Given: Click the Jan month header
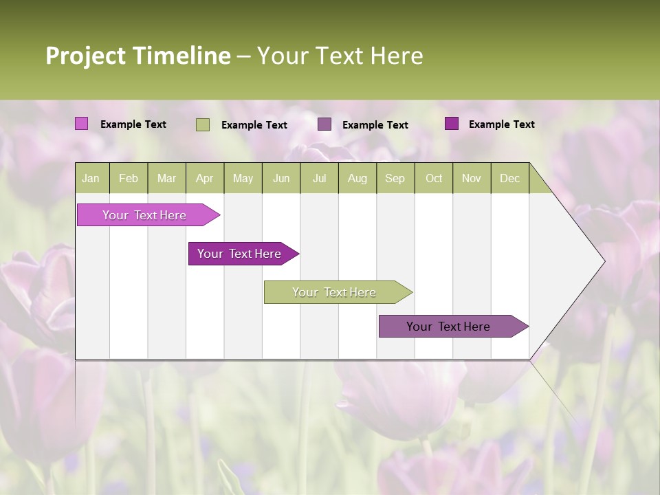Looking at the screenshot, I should pos(91,178).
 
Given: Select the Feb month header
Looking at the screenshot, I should pos(129,178).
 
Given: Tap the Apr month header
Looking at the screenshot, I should pos(204,178).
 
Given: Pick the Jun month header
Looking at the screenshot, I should pos(281,178).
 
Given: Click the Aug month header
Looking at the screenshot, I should pos(357,178).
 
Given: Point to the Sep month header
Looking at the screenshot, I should pos(395,178).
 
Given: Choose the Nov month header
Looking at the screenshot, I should pos(472,178).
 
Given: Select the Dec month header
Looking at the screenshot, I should pos(509,178).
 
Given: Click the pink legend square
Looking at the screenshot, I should pos(81,124).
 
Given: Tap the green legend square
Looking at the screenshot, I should pos(202,124).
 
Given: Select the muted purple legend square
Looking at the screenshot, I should pos(324,124).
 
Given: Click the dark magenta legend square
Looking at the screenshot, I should pos(451,124).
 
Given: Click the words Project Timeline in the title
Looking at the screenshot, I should pos(137,56).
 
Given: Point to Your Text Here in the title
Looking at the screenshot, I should pos(340,56).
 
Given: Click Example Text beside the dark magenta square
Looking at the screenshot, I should pos(501,124).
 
